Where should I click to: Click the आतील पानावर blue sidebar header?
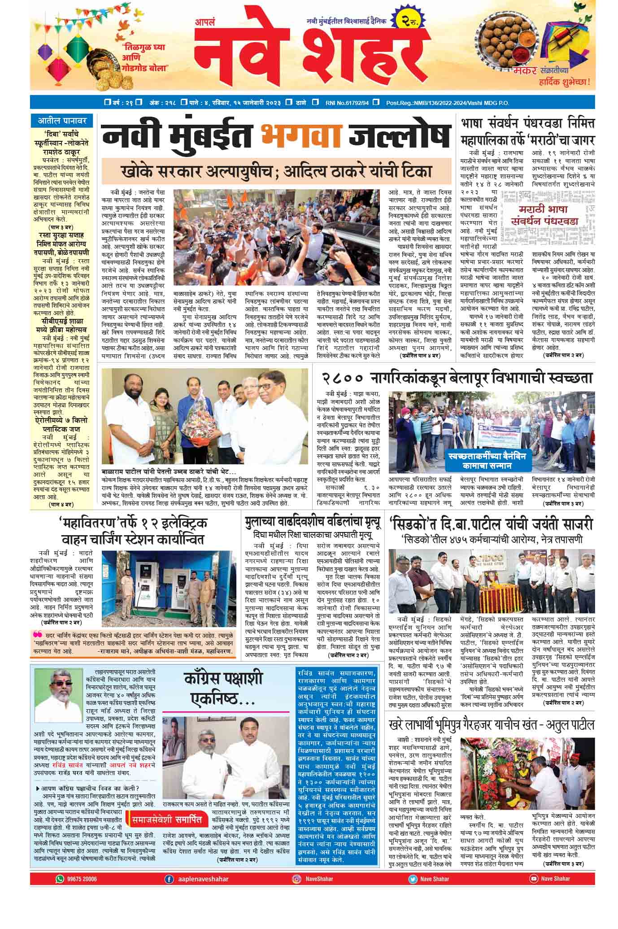tap(62, 121)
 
